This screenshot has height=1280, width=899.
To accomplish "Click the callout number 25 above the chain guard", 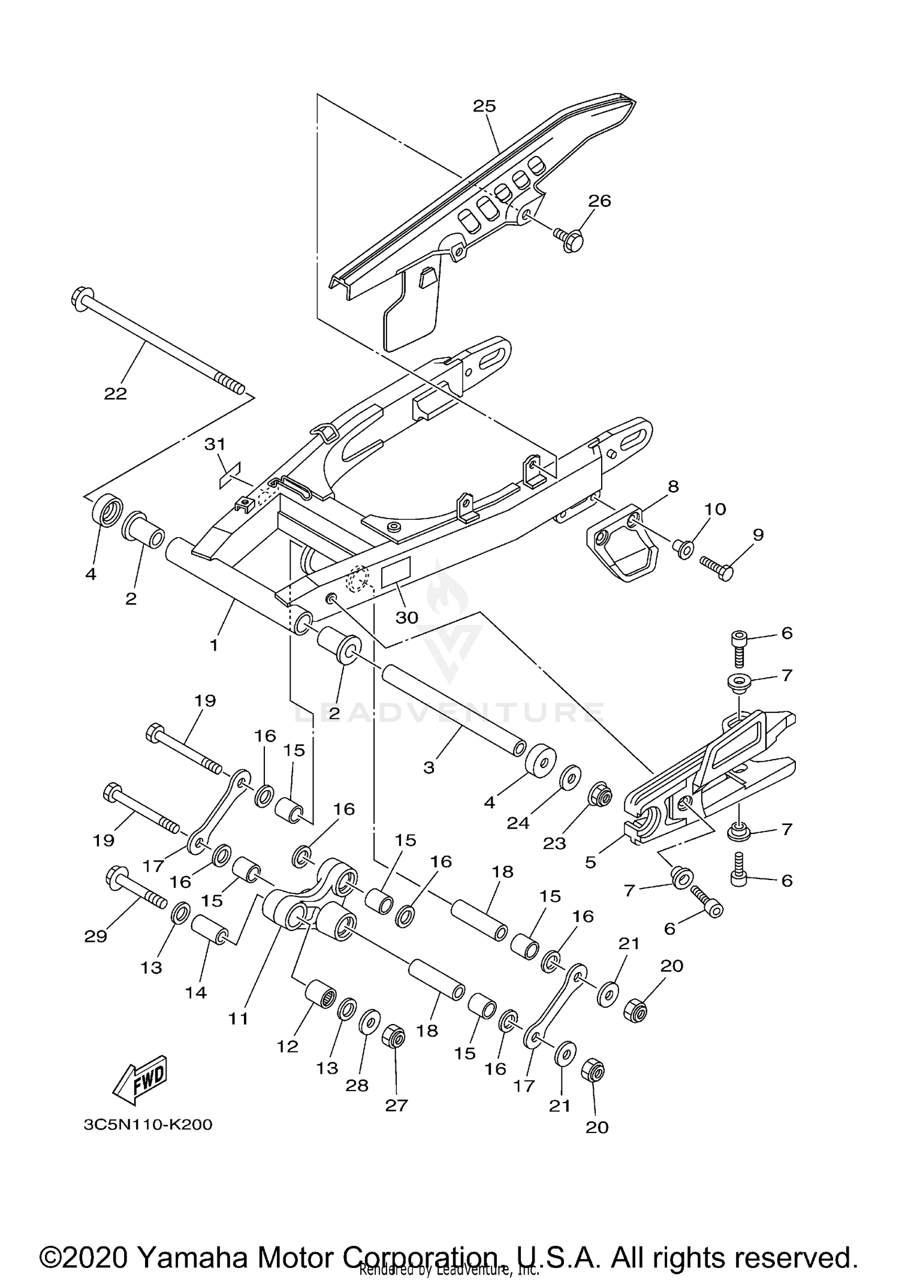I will (x=484, y=106).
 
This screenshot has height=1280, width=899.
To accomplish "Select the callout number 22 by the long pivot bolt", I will (x=116, y=393).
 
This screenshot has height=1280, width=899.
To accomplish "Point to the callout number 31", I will (x=215, y=444).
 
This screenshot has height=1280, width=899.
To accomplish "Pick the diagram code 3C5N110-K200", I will (x=148, y=1124).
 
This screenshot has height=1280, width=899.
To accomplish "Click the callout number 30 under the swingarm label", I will (x=406, y=618).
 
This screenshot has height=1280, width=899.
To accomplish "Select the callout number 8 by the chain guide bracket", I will (x=673, y=486).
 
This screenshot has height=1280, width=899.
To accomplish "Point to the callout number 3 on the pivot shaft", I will (x=429, y=767).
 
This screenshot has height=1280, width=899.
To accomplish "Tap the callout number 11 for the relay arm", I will (x=239, y=1018).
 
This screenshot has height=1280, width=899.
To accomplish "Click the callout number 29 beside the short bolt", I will (x=96, y=936).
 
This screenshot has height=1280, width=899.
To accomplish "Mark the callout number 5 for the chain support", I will (x=590, y=862).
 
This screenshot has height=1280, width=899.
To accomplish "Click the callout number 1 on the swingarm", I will (x=213, y=645).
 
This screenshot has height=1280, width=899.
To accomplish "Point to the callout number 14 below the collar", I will (x=196, y=992).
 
